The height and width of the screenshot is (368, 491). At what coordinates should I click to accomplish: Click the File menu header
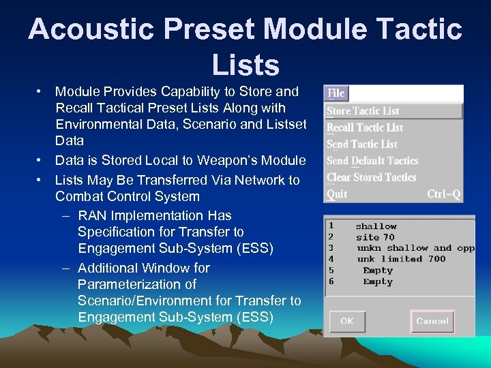tap(336, 93)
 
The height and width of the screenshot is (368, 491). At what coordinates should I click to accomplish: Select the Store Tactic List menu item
tap(363, 111)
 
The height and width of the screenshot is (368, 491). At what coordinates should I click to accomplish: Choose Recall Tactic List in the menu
tap(365, 127)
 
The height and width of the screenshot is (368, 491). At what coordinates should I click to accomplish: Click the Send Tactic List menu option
tap(362, 144)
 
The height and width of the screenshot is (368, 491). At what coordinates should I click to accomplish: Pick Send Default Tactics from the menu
tap(372, 161)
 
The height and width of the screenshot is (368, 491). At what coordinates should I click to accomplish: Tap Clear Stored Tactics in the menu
tap(371, 177)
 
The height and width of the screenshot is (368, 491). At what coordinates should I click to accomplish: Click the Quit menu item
tap(337, 194)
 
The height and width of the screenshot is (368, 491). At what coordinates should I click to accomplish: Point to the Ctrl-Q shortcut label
tap(443, 194)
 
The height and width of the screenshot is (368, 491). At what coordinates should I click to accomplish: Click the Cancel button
tap(432, 321)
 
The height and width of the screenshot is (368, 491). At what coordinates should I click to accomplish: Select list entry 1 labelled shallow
tap(376, 226)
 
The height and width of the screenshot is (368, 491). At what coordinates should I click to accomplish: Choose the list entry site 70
tap(375, 237)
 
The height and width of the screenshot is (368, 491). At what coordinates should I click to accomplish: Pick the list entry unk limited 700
tap(401, 259)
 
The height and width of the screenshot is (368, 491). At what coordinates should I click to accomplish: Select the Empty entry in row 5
tap(378, 271)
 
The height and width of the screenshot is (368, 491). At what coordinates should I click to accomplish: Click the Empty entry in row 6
tap(378, 281)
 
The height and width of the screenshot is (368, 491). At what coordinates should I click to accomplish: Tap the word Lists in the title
tap(245, 65)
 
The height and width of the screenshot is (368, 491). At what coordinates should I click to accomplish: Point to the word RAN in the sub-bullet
tap(92, 216)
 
